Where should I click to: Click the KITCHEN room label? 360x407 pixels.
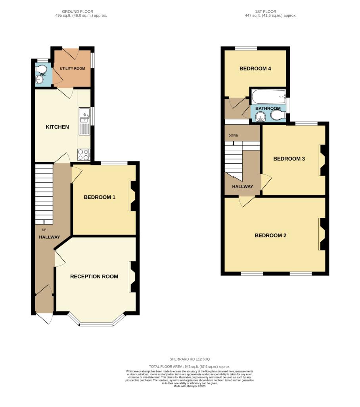point(57,127)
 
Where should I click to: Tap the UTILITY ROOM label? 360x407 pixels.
point(72,68)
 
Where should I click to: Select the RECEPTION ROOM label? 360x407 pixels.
point(94,277)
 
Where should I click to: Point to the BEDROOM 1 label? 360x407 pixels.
point(100,197)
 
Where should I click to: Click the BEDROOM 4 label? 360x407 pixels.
point(255,68)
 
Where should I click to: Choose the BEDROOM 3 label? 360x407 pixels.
point(289,159)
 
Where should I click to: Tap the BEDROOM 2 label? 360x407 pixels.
point(270,235)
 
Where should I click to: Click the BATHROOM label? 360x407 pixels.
point(268,108)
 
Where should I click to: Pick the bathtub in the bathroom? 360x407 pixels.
point(268,97)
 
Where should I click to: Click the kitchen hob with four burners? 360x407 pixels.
point(84,155)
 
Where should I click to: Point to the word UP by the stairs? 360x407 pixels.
point(44,230)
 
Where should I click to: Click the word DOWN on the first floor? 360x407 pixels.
point(234,136)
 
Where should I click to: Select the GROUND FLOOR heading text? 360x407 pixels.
point(77,12)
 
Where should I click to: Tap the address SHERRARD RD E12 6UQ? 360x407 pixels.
point(190,359)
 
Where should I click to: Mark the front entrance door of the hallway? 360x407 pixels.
point(44,318)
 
